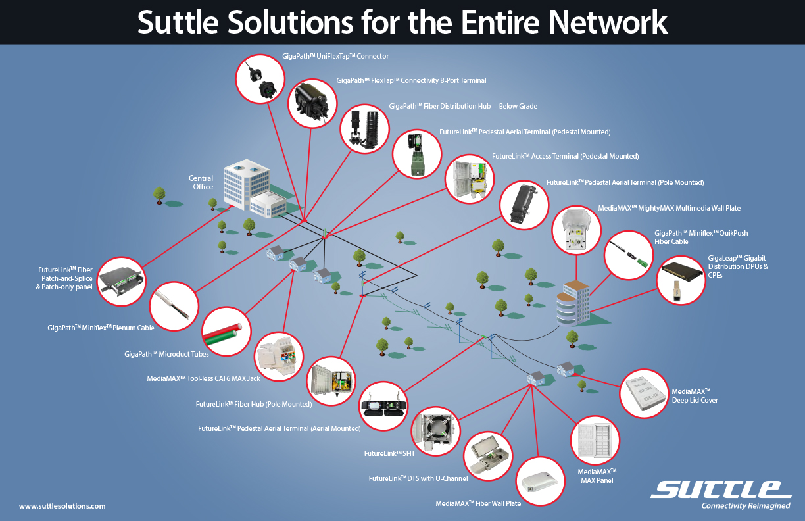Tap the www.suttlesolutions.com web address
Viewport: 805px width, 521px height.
[62, 506]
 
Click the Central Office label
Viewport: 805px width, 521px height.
[201, 182]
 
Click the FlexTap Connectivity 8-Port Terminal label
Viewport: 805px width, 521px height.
[411, 80]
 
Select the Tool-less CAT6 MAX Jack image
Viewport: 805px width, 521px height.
[279, 357]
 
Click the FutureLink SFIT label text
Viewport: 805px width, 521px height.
[383, 453]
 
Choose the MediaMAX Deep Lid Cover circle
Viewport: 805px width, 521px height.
[645, 393]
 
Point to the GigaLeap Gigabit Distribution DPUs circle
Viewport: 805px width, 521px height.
[681, 279]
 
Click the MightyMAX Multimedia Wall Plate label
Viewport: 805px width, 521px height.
[669, 208]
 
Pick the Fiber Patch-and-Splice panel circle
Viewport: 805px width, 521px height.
[122, 279]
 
